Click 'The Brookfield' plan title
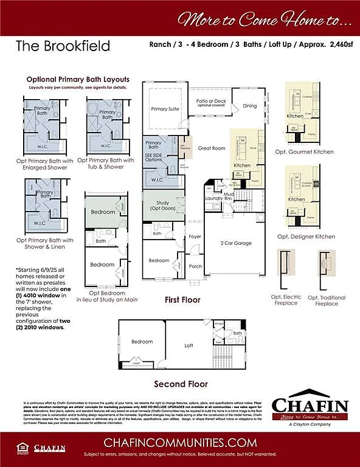[63, 46]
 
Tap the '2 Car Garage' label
[235, 243]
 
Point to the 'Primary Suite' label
[165, 109]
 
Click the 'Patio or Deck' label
[210, 102]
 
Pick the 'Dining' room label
[249, 106]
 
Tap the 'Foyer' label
[195, 236]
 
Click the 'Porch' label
[195, 266]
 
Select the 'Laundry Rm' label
[216, 198]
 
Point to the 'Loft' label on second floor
[189, 345]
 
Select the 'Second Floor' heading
[181, 384]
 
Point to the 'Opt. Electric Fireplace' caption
[286, 300]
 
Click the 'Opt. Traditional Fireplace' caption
[326, 300]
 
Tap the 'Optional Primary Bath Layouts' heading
[78, 80]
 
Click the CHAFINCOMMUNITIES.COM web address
[179, 441]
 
